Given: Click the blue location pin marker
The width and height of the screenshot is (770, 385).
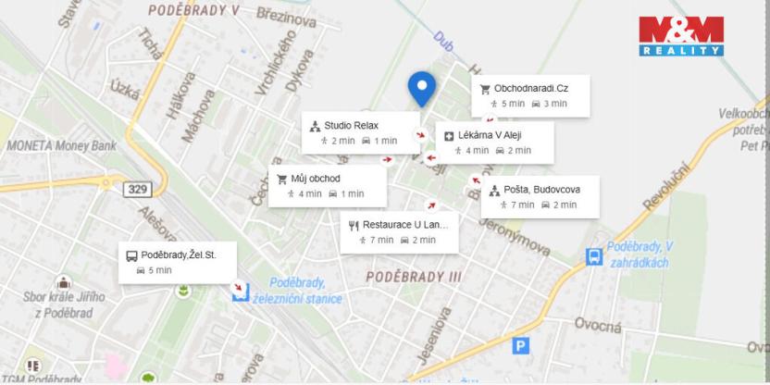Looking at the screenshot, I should (423, 88).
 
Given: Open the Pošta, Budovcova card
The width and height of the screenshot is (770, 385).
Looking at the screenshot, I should (540, 196).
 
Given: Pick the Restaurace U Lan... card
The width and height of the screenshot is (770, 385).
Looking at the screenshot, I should (401, 231).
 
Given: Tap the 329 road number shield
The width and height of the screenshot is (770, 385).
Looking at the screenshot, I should (137, 190).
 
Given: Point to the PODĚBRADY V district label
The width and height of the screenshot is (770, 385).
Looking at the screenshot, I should (192, 8).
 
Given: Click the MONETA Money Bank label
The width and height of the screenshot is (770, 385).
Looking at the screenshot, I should (61, 146).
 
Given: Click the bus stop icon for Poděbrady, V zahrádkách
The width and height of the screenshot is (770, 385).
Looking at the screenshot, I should (592, 256).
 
